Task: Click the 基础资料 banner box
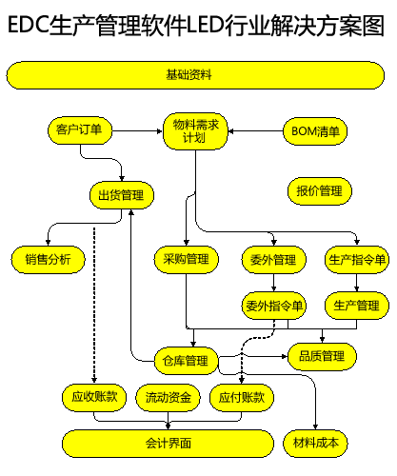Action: [195, 75]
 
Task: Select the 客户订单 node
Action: [80, 130]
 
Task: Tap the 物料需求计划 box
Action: [195, 131]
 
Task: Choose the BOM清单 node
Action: [315, 131]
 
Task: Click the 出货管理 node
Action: [122, 195]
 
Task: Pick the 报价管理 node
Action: [320, 191]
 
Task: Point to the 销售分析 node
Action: [49, 260]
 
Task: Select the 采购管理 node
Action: [187, 260]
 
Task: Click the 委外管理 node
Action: [274, 260]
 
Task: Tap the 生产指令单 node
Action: [357, 260]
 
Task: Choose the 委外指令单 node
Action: [274, 306]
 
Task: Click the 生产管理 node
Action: [357, 306]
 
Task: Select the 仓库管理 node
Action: [187, 361]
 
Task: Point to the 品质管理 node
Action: [322, 356]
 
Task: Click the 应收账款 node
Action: [94, 398]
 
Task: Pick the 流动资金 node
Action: [168, 398]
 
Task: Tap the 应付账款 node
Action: [242, 398]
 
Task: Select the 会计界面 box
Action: [168, 444]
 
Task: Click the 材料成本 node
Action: [315, 444]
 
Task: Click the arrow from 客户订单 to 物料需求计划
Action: [137, 130]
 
